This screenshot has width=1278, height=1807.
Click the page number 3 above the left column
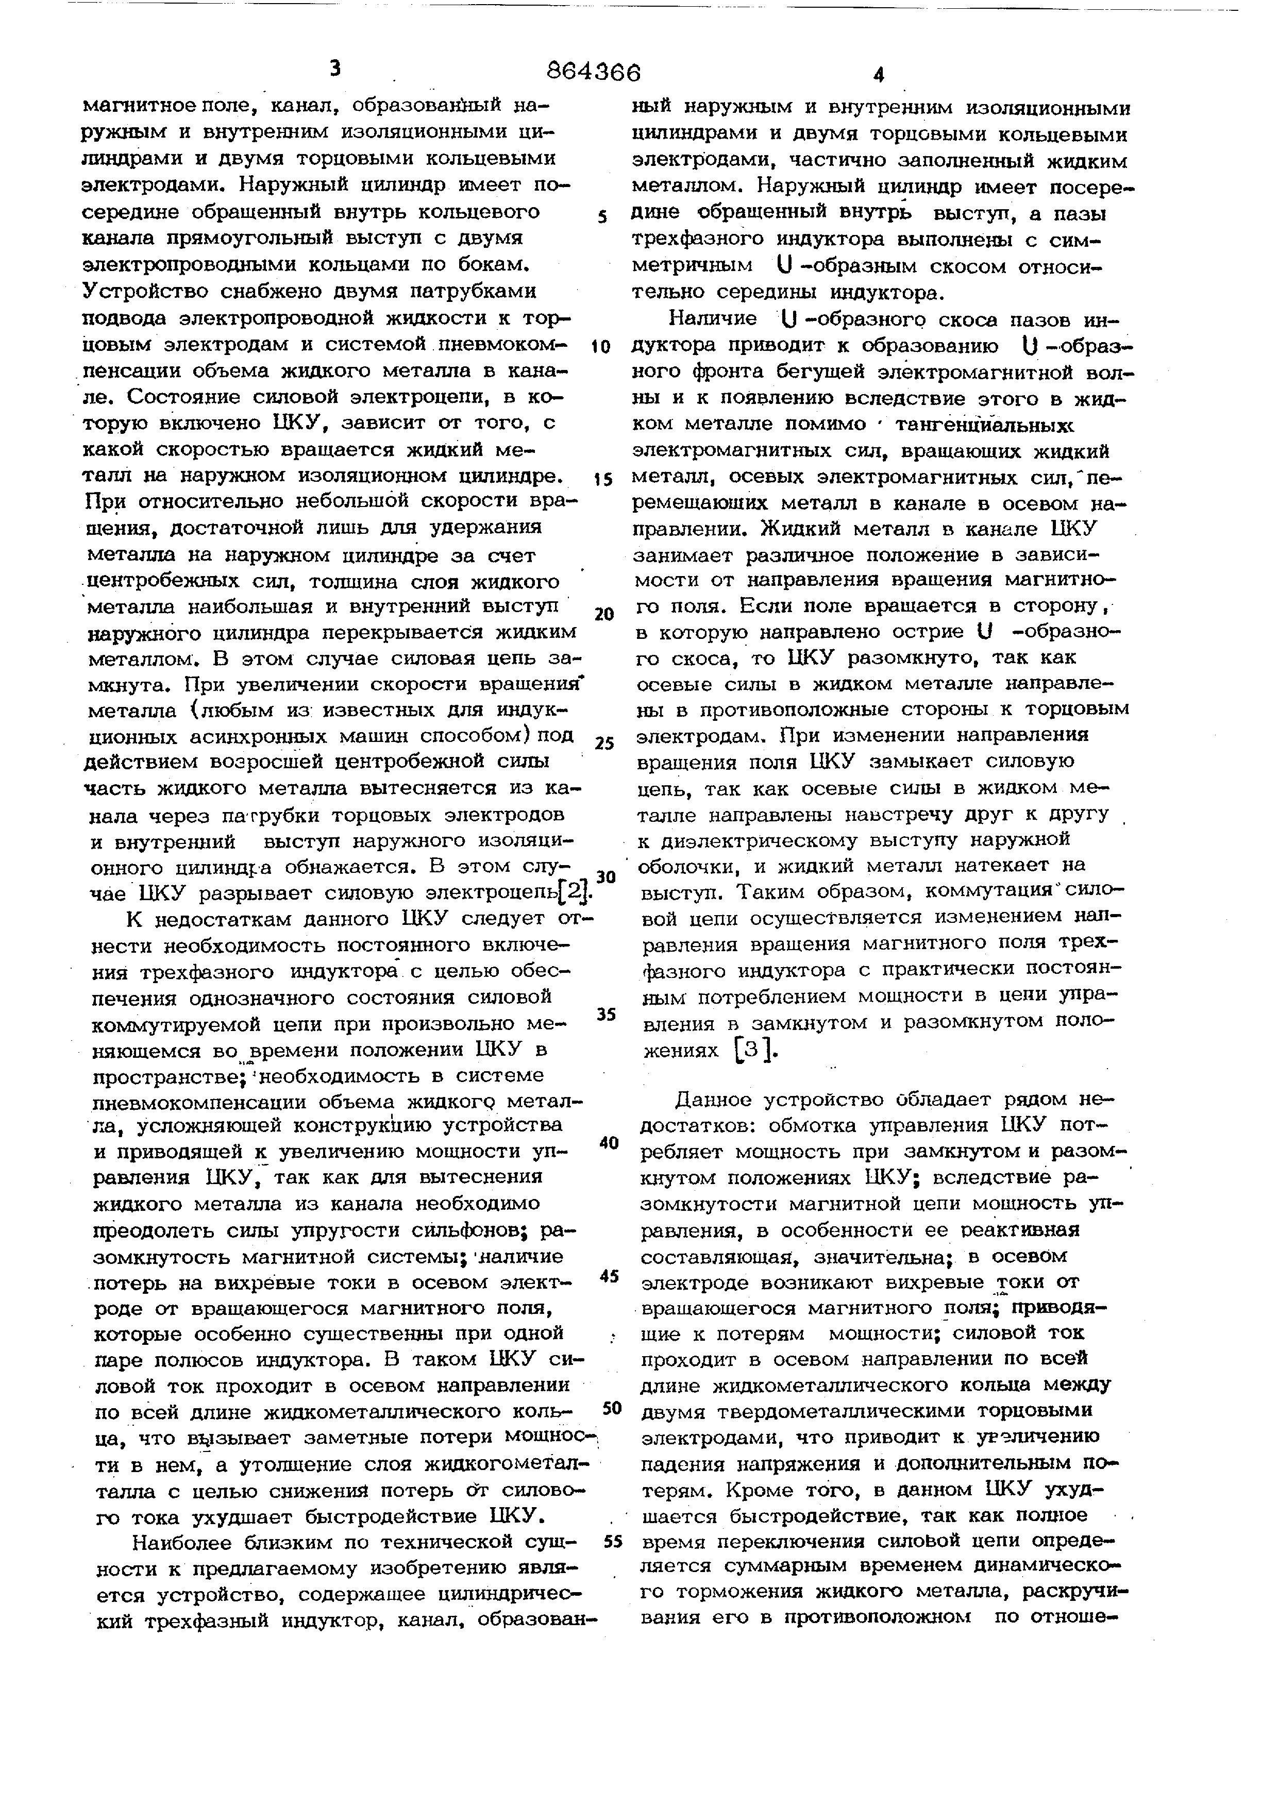tap(335, 69)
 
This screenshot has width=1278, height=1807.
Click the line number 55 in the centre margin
tap(613, 1541)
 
